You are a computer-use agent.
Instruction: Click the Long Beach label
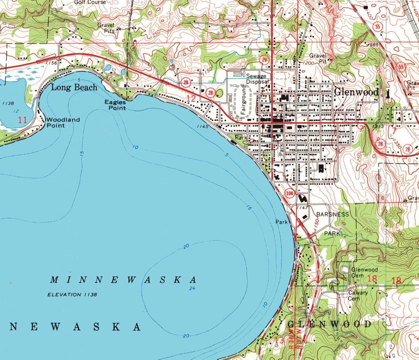coord(74,87)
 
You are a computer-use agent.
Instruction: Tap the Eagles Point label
coord(115,104)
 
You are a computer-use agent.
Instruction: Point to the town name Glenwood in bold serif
coord(356,92)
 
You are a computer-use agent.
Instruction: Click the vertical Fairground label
coord(243,103)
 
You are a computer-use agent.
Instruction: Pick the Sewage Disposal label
coord(258,79)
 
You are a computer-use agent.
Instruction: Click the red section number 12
coord(191,99)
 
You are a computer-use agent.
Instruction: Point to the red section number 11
coord(22,120)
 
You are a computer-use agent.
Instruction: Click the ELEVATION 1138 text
coord(72,295)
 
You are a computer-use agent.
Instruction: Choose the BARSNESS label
coord(332,215)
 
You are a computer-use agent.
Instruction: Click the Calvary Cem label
coord(357,296)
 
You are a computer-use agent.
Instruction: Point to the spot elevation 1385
coord(373,46)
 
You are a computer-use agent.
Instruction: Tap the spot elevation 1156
coord(51,63)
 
